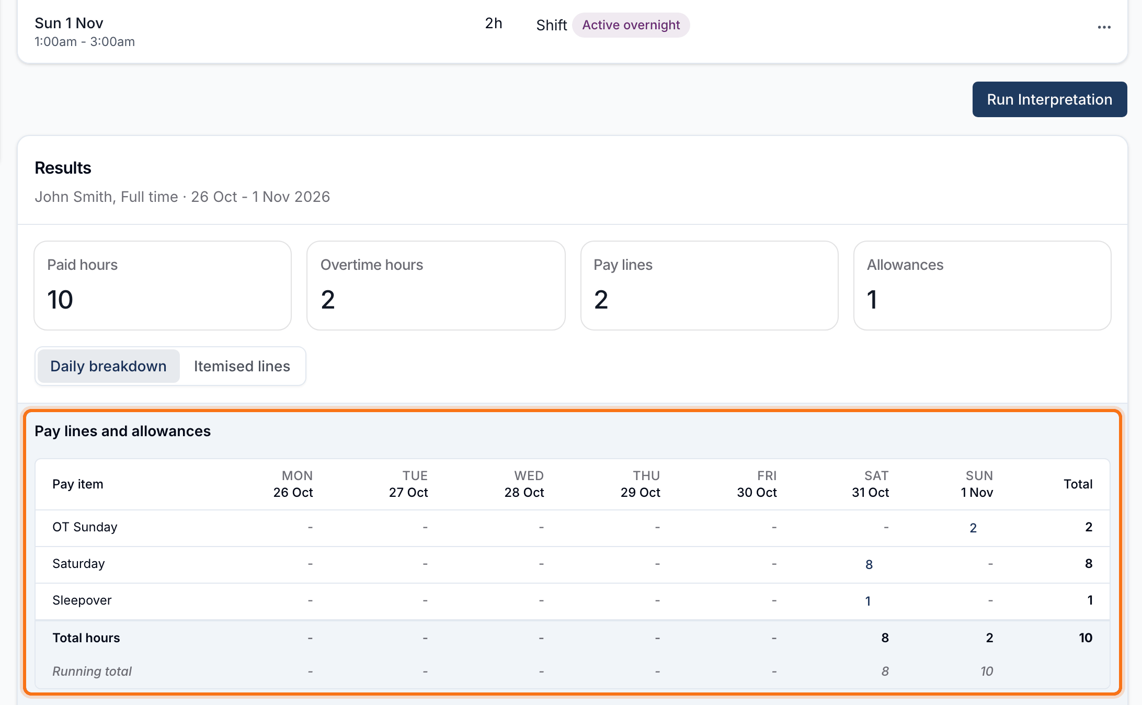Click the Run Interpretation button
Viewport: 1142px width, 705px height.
1049,99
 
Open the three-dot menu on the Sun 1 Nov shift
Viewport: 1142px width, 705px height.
1104,27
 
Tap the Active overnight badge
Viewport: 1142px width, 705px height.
631,25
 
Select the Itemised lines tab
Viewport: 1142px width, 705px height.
242,366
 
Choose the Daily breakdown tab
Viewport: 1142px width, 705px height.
109,366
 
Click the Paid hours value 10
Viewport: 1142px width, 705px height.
60,300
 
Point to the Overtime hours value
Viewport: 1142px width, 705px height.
328,300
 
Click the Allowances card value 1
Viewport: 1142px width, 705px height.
872,300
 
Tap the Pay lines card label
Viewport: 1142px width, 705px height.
623,265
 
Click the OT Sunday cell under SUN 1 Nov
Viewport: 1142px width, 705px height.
973,528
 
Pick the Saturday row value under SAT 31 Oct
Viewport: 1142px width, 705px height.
869,564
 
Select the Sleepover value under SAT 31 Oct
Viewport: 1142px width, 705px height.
868,601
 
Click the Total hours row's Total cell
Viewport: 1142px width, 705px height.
1086,638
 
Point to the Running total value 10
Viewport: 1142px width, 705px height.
987,671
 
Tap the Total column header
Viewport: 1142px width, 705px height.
1078,484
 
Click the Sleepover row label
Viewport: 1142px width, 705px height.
82,600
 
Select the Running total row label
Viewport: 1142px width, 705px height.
92,671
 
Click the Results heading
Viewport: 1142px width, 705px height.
63,168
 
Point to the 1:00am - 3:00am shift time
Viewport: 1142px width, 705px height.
85,42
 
